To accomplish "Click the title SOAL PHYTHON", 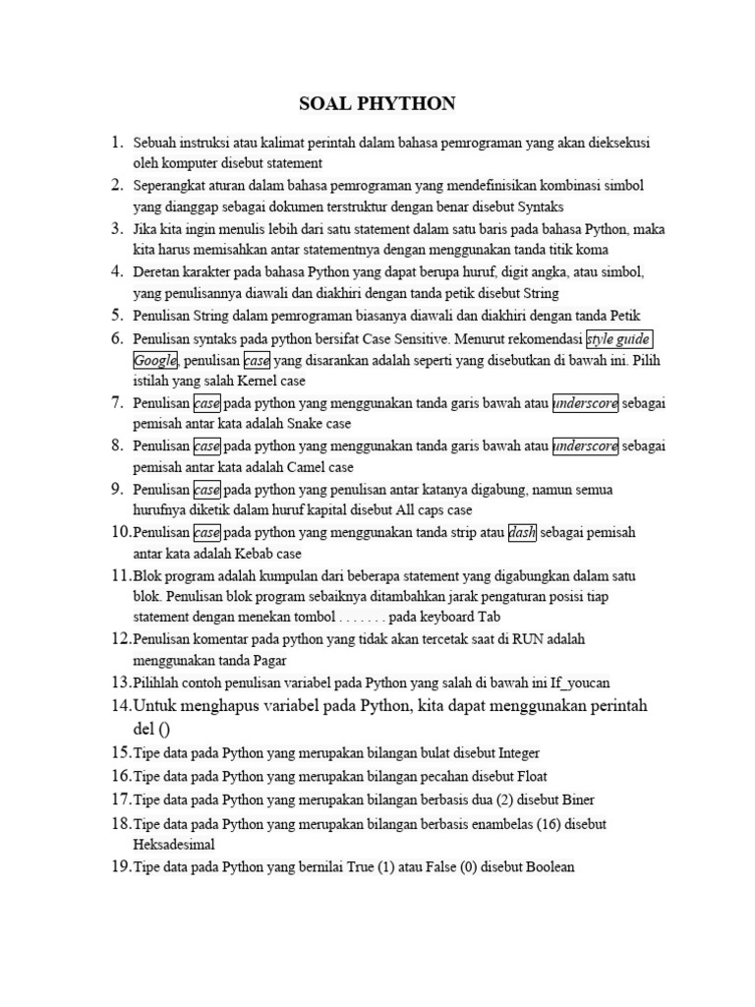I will click(377, 104).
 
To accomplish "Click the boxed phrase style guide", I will click(625, 340).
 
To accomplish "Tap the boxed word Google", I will click(155, 360).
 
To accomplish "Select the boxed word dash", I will click(522, 532).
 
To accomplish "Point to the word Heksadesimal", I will click(174, 844).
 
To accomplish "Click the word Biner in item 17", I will click(574, 800).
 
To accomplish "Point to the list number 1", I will click(117, 143).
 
